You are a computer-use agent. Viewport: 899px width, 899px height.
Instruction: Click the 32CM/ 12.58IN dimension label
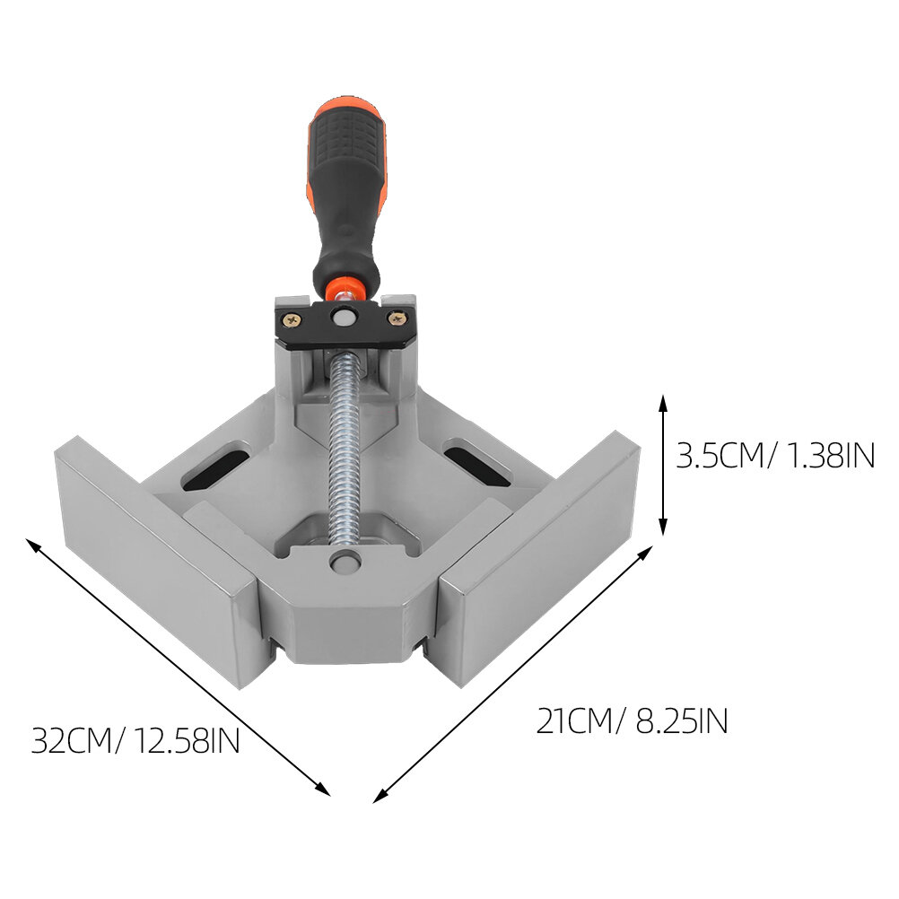[x=135, y=741]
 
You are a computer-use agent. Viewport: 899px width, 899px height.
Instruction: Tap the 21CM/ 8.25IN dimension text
[x=632, y=720]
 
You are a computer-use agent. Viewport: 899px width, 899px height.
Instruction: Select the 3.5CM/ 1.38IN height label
[x=775, y=457]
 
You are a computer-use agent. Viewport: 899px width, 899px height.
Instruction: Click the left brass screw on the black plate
[x=293, y=321]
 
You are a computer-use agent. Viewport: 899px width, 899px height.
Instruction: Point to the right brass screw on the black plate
[x=397, y=319]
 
